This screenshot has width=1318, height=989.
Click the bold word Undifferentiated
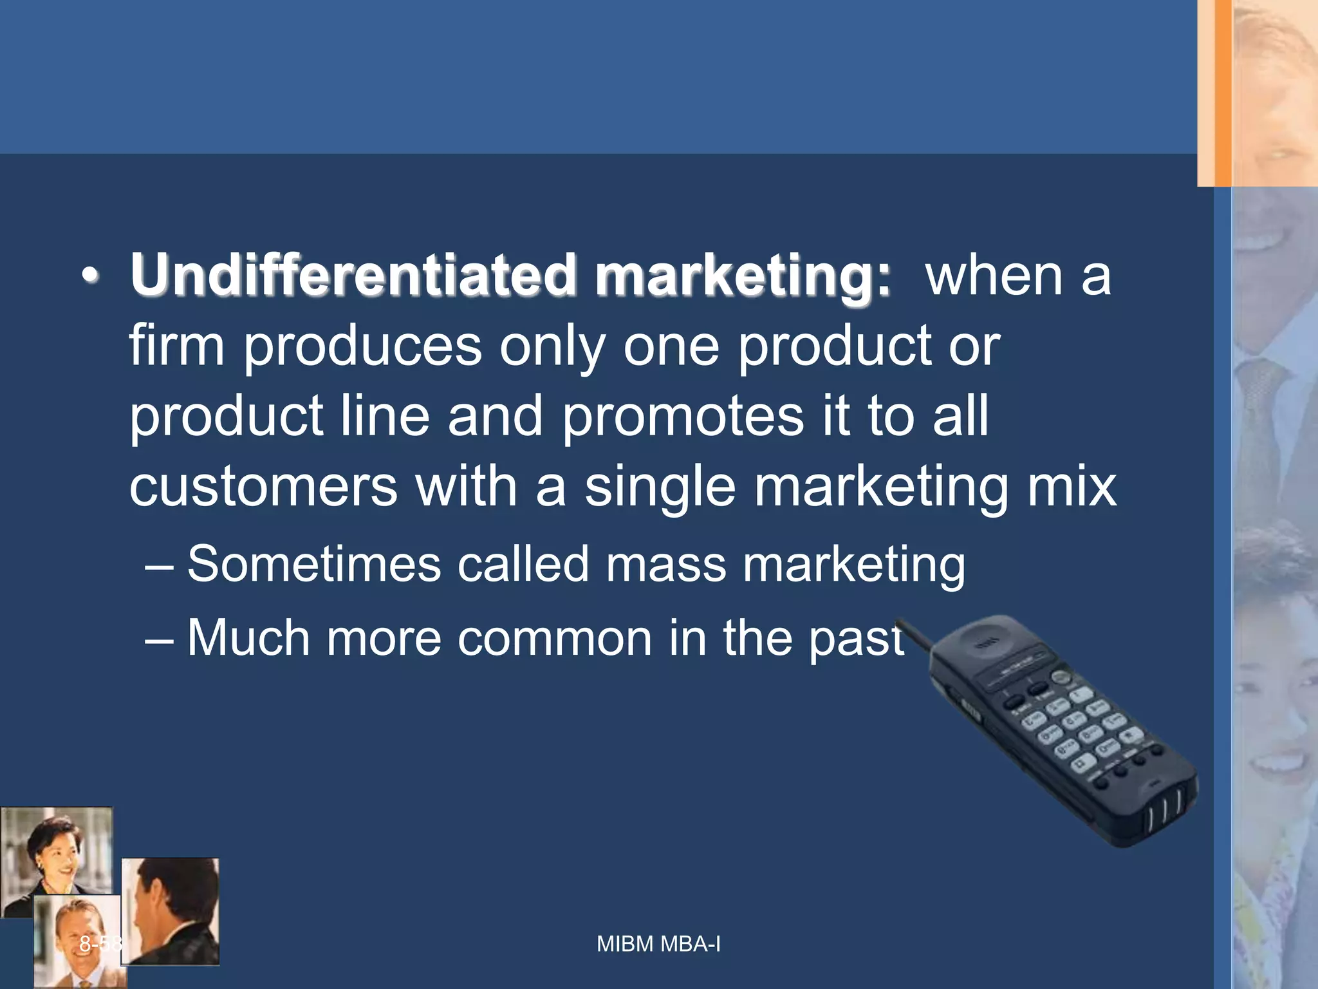351,275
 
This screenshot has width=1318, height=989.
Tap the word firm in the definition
176,346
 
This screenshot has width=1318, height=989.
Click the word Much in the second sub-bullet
248,637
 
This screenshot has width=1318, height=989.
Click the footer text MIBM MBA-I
658,944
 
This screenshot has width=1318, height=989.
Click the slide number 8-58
100,944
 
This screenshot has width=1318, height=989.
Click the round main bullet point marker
90,276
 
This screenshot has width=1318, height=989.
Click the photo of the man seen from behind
171,911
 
